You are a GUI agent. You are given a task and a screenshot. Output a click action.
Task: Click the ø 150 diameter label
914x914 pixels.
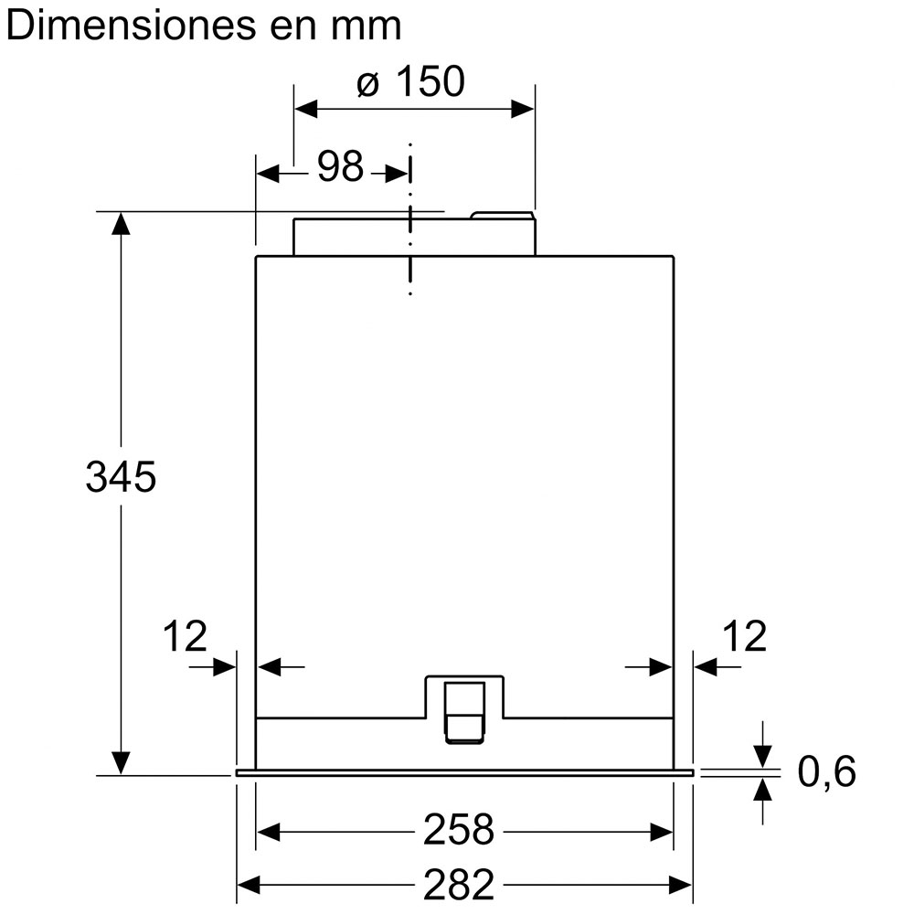point(411,81)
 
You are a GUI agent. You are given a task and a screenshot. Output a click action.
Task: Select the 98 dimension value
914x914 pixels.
point(340,165)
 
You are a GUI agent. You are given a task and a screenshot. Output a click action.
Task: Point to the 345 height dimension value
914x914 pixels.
point(122,477)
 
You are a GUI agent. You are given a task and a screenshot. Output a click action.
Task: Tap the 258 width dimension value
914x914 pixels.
point(459,830)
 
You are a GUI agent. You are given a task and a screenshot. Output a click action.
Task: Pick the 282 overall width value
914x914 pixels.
point(459,885)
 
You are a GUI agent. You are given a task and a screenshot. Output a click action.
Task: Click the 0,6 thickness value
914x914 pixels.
point(826,771)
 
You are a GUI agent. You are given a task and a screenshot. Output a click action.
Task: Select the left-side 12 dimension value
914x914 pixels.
point(185,636)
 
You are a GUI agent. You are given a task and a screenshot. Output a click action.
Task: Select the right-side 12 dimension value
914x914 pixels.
point(744,636)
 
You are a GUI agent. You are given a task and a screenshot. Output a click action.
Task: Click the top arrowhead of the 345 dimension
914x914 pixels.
point(121,223)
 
